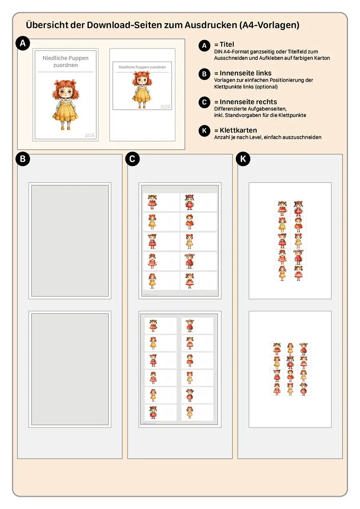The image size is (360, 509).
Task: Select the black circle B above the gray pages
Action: coord(23,159)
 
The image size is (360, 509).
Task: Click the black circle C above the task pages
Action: coord(132,159)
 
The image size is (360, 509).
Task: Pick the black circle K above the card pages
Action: coord(243,159)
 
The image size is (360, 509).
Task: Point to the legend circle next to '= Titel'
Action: coord(204,46)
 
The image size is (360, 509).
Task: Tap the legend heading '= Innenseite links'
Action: coord(243,73)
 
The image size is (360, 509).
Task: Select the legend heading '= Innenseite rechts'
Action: coord(246,102)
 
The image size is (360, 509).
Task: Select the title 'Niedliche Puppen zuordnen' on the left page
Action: coord(66,61)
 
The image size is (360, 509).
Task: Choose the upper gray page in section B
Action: coord(70,241)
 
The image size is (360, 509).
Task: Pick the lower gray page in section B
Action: coord(70,369)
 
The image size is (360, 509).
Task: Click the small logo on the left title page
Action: coord(90,135)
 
